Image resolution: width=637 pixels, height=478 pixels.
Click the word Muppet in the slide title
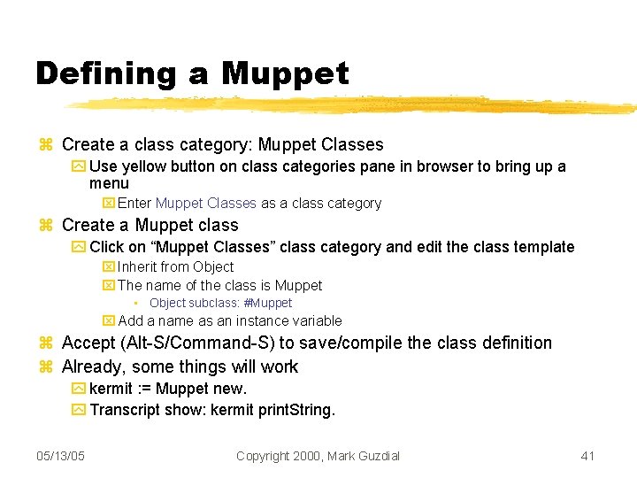(286, 73)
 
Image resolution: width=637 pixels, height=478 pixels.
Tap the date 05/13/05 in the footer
(61, 456)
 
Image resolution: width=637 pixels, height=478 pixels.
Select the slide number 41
(587, 456)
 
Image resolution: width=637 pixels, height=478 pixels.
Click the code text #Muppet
(267, 303)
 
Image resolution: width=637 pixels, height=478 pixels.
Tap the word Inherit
(137, 266)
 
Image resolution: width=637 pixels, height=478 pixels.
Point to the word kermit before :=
(111, 389)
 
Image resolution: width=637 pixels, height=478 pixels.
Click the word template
(541, 247)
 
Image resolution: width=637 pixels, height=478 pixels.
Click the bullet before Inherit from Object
(109, 267)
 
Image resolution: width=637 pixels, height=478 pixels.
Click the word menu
(109, 183)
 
